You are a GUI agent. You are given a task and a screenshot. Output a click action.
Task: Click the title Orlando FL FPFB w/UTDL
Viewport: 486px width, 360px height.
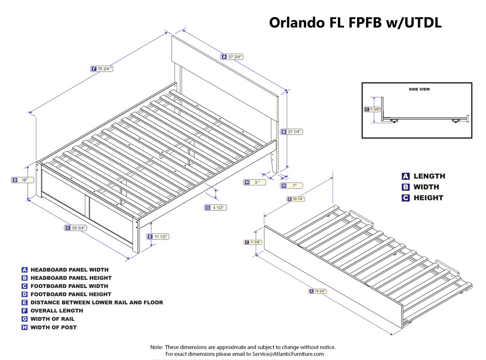tap(355, 22)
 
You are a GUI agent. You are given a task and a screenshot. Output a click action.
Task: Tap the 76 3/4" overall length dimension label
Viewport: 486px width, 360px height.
tap(102, 68)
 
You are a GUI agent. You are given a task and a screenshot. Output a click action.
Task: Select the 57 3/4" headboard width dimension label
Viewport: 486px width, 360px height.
tap(232, 57)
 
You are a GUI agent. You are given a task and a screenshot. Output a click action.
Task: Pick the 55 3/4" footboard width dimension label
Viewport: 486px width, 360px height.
tap(75, 228)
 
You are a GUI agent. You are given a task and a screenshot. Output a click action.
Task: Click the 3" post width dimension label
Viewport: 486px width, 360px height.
tap(254, 182)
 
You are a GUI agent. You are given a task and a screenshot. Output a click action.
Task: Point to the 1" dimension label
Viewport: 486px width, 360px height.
tap(291, 185)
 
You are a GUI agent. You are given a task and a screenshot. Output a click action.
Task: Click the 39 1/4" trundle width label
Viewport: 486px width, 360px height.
tap(296, 199)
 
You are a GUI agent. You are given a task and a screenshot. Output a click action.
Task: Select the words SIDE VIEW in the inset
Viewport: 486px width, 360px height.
tap(419, 90)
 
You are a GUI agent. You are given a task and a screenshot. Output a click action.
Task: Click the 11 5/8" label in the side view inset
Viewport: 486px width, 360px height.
tap(372, 109)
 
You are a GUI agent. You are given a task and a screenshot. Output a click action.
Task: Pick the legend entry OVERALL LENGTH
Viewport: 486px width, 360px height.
tap(57, 310)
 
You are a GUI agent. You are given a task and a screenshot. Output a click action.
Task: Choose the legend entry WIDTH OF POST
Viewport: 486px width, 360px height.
tap(54, 327)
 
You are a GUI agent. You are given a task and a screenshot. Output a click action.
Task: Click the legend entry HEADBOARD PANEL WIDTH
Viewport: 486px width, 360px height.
tap(69, 270)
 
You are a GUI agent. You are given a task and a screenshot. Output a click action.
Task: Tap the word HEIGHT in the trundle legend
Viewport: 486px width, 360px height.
tap(428, 198)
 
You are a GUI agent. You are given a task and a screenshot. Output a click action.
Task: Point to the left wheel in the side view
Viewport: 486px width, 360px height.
tap(394, 121)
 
